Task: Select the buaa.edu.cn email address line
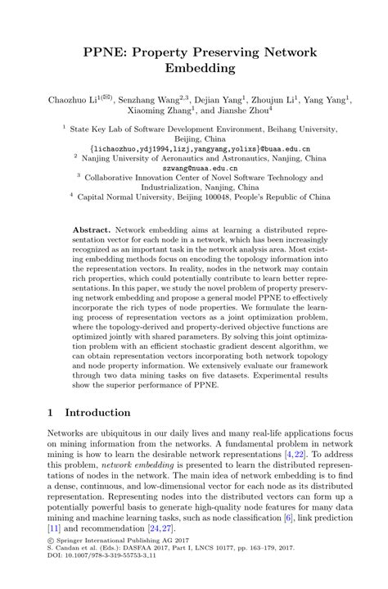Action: [x=194, y=148]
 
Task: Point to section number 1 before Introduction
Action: [x=50, y=413]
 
